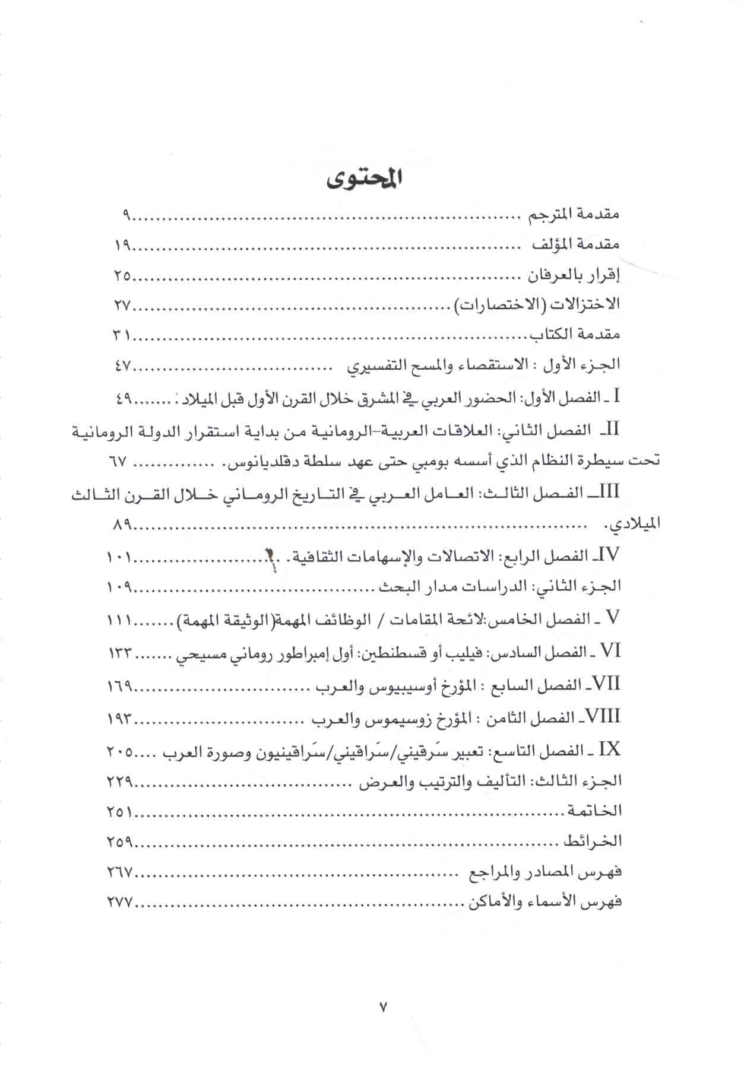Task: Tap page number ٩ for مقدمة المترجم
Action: (x=126, y=215)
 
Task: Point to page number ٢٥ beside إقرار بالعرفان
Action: (x=122, y=275)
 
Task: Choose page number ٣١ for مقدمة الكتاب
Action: (x=122, y=335)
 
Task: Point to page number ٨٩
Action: (x=122, y=525)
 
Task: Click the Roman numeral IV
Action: (x=610, y=555)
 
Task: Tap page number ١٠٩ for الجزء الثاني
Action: (x=121, y=587)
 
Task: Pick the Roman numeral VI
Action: (x=610, y=651)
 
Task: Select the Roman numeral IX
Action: (x=610, y=749)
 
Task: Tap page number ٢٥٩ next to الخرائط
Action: (x=121, y=841)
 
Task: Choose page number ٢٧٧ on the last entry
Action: (x=121, y=903)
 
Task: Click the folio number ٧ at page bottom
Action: (x=382, y=1006)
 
